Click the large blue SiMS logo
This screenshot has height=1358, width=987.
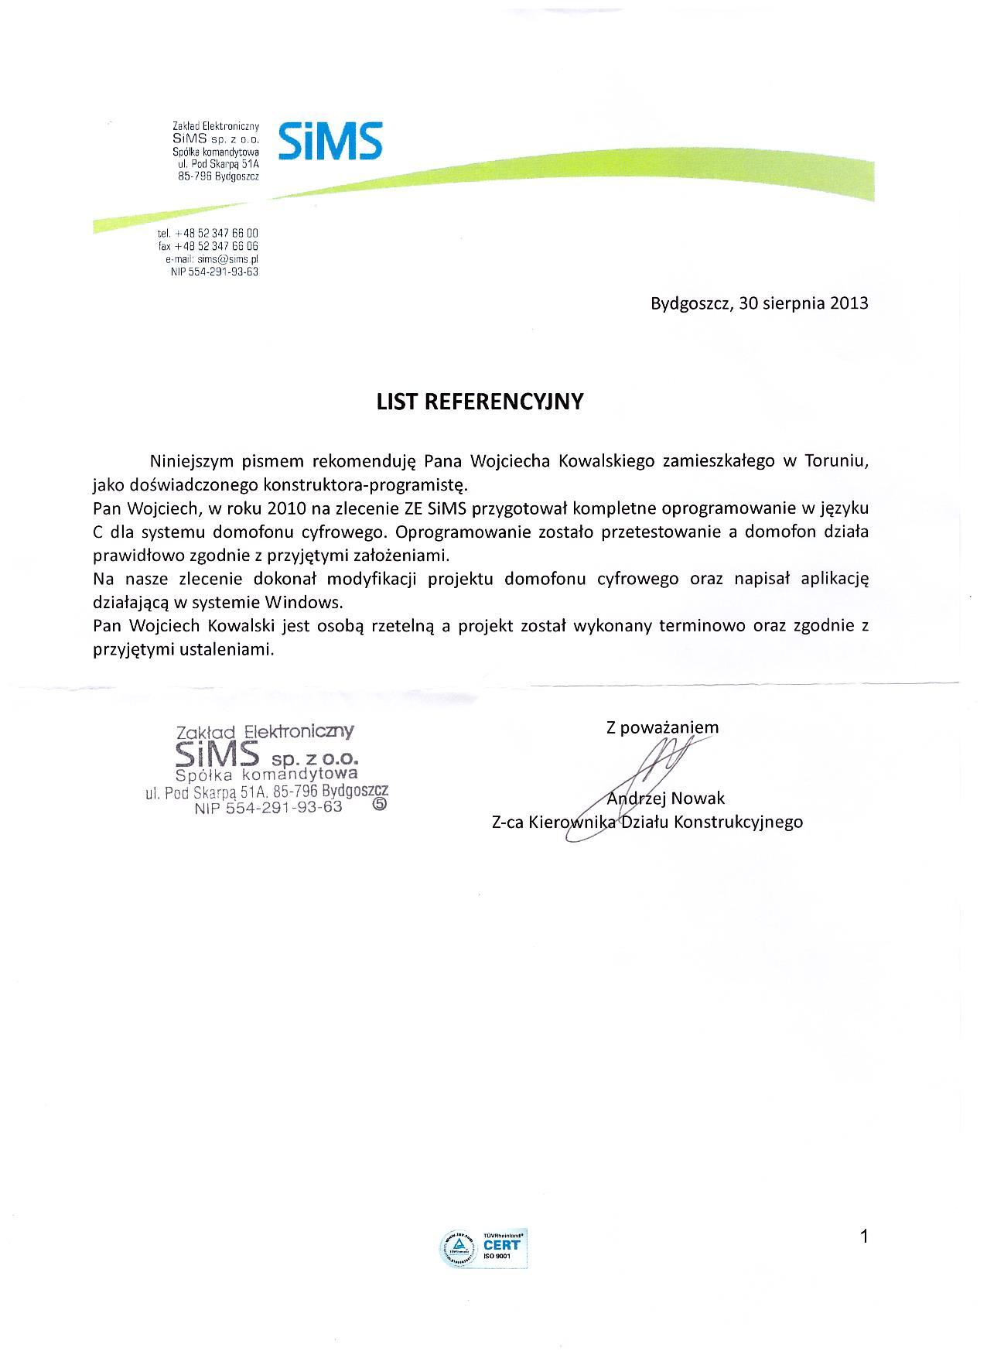coord(329,141)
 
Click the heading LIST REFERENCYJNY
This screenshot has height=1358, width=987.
coord(480,402)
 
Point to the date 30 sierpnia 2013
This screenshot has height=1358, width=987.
coord(804,303)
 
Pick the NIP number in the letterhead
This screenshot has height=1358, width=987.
coord(214,272)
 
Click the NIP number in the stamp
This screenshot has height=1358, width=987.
coord(268,807)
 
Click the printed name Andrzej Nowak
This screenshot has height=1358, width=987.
coord(666,798)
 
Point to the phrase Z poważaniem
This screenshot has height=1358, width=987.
coord(662,727)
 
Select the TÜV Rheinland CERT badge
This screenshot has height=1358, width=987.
coord(484,1245)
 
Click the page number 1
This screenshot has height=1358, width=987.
coord(864,1237)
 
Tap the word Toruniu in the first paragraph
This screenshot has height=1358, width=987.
coord(836,461)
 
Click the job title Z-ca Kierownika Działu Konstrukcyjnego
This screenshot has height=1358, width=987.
coord(647,822)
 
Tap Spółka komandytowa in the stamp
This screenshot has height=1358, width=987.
coord(266,774)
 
